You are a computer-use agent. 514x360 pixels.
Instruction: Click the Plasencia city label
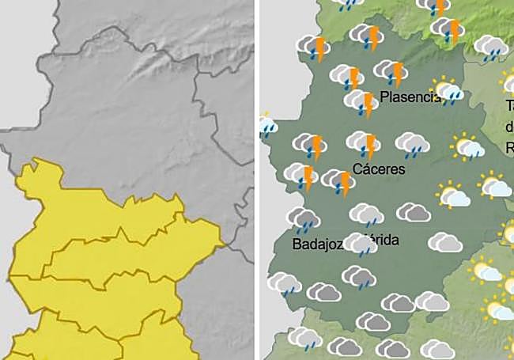tap(410, 97)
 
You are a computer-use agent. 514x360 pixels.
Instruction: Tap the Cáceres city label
tap(379, 169)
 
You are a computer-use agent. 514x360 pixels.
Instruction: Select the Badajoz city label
tap(316, 244)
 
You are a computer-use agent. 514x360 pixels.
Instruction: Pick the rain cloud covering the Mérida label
tap(363, 244)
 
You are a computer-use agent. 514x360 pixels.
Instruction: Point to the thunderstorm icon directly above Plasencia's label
tap(391, 73)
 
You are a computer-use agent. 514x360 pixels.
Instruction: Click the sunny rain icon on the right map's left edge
tap(267, 123)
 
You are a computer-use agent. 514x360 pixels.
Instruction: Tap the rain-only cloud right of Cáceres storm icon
tap(413, 144)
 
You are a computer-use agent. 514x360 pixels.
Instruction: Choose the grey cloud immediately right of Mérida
tap(445, 241)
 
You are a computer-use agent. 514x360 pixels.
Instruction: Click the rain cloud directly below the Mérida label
tap(359, 276)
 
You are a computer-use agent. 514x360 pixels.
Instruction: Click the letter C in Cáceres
tap(357, 169)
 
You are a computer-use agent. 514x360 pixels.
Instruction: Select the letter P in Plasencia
tap(384, 97)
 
